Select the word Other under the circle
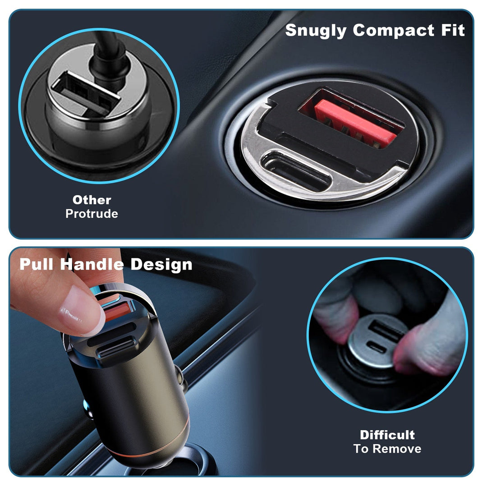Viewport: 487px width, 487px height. pyautogui.click(x=92, y=200)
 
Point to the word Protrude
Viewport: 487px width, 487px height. pyautogui.click(x=92, y=214)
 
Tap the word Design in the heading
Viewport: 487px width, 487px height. pyautogui.click(x=161, y=264)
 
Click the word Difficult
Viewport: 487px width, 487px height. pyautogui.click(x=387, y=435)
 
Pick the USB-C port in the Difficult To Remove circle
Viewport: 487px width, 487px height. pyautogui.click(x=377, y=346)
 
